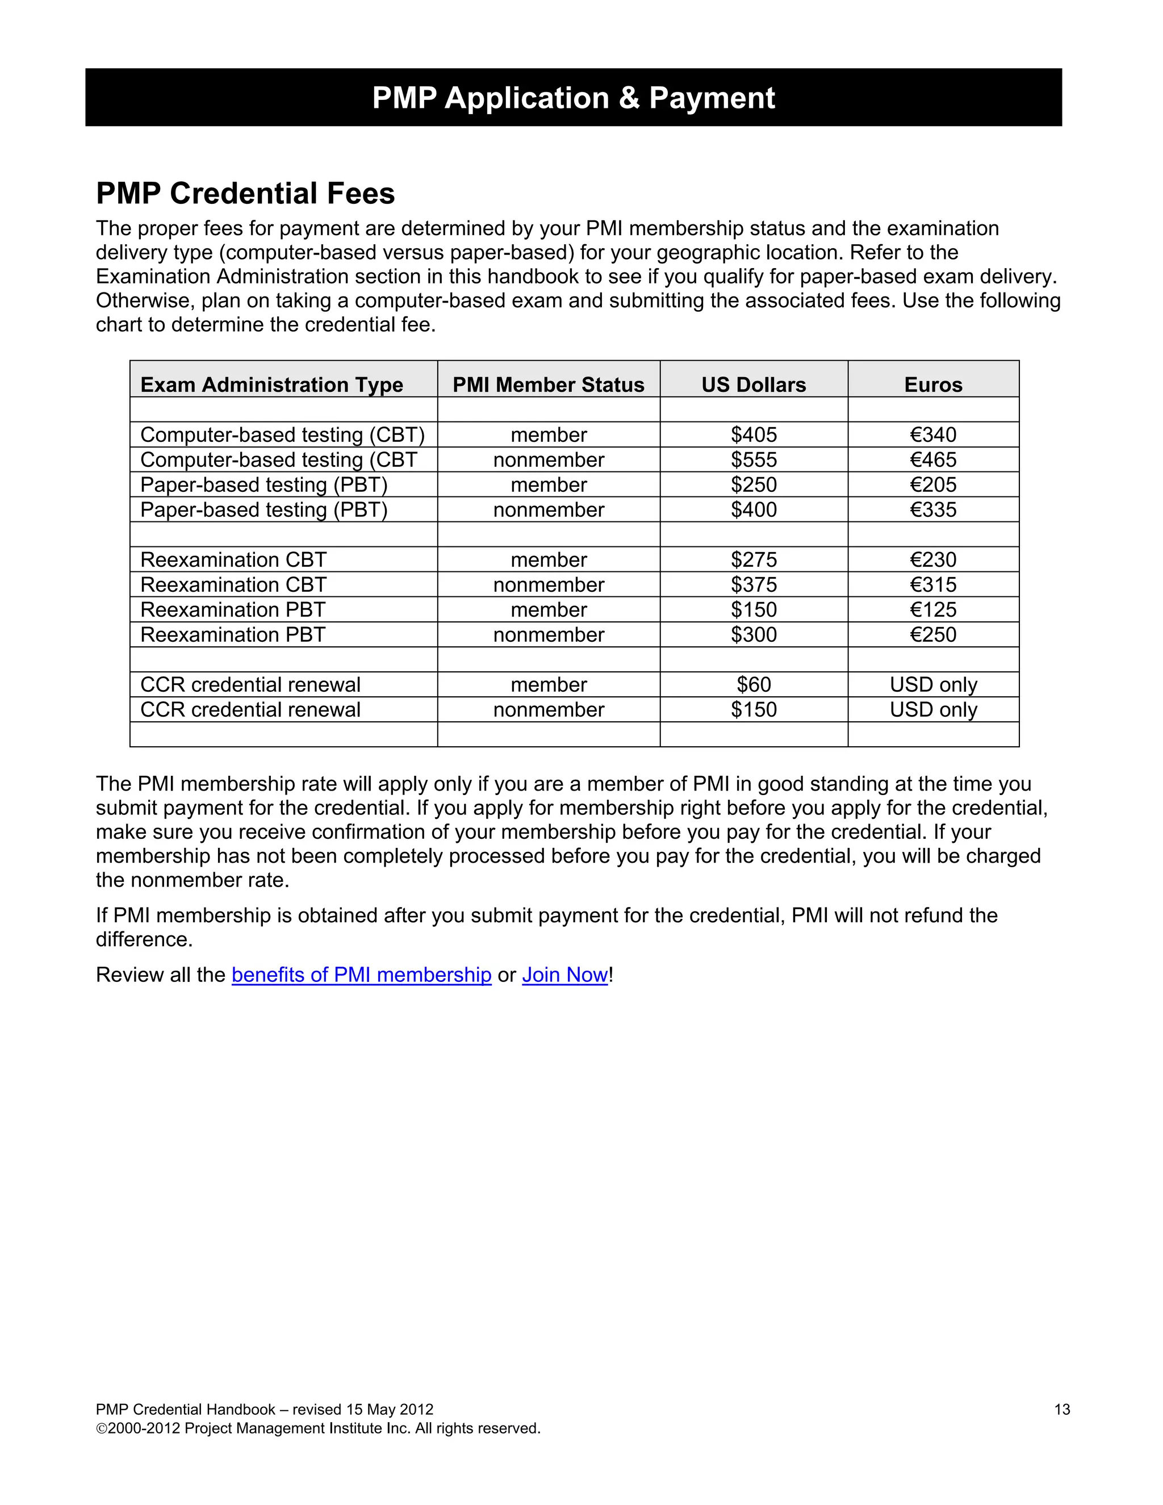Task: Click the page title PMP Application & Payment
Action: tap(573, 98)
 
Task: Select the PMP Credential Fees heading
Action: tap(245, 194)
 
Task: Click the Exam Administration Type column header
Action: tap(271, 384)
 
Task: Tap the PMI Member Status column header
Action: tap(549, 384)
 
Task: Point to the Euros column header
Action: tap(933, 384)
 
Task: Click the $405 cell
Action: tap(754, 435)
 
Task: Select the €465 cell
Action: tap(933, 459)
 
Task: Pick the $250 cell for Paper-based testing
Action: tap(754, 484)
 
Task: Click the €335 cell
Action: tap(933, 510)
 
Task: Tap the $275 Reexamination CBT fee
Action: tap(754, 559)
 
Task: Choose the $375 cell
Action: tap(754, 584)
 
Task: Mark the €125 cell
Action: tap(933, 610)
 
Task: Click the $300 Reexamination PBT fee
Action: tap(754, 635)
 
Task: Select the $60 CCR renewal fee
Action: tap(754, 684)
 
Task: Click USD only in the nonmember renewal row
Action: tap(933, 710)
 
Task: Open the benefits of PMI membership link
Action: tap(361, 975)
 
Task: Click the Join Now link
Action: tap(565, 975)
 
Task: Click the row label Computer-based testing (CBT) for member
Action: tap(282, 435)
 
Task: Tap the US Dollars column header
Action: tap(754, 384)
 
